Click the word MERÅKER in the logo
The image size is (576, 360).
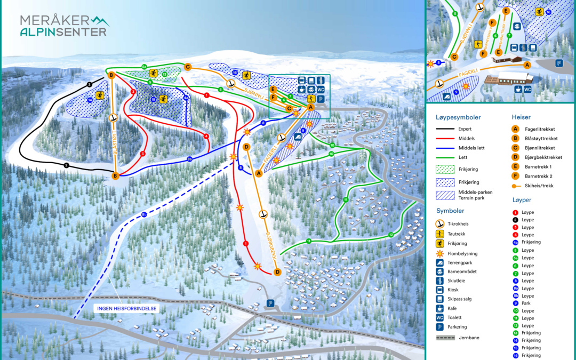click(54, 20)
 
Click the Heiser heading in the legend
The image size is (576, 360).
click(521, 117)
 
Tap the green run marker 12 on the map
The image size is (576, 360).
click(390, 235)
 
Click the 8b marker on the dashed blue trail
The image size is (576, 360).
click(144, 214)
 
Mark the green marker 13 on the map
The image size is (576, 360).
click(164, 74)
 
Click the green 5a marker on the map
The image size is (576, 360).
click(145, 66)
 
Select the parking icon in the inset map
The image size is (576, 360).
click(558, 63)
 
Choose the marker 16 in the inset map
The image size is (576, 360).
click(548, 12)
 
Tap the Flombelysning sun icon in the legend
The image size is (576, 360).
click(440, 253)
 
